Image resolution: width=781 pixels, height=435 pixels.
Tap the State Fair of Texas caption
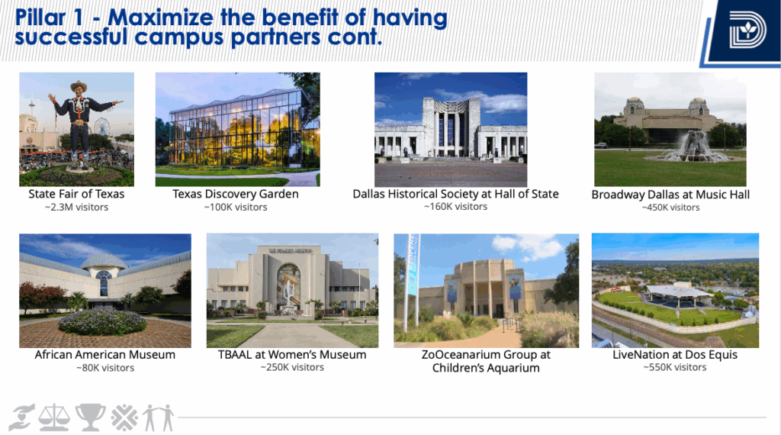point(76,194)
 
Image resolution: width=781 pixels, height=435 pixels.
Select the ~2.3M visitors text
point(76,207)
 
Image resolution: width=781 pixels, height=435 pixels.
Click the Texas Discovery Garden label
point(236,194)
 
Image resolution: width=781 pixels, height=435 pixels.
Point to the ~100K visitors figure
point(236,207)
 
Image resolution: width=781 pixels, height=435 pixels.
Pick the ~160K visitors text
point(455,206)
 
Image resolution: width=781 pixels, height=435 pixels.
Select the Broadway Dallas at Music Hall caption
point(670,195)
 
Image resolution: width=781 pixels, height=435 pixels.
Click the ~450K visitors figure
point(670,208)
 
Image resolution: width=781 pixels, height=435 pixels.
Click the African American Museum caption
point(105,355)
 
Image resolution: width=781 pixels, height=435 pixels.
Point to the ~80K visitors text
point(105,368)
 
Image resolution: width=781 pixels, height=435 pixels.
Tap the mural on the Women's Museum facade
point(289,285)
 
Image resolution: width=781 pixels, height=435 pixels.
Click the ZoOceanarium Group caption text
point(486,361)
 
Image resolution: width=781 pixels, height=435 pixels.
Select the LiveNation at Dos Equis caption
point(675,355)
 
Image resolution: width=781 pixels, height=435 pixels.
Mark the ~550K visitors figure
point(675,367)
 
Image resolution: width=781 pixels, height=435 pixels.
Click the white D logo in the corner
point(747,30)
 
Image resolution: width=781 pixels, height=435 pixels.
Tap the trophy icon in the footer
point(91,417)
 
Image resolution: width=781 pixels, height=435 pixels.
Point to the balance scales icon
point(55,417)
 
